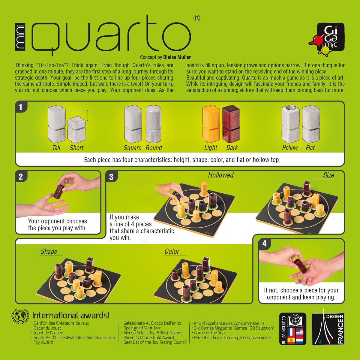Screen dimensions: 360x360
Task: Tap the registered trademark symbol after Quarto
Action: point(197,18)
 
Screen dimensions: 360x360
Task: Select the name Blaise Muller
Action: point(177,57)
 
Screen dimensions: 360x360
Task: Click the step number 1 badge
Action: point(20,107)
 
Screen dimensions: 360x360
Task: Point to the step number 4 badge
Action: point(264,244)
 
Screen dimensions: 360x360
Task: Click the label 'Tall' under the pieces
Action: point(56,148)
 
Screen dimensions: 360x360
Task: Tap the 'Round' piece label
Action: point(154,148)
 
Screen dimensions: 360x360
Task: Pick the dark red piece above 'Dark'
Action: point(231,123)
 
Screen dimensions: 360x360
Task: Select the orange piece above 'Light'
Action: point(211,123)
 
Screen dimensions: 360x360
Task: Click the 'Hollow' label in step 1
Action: point(290,148)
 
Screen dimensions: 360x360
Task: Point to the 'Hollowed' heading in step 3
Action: point(221,175)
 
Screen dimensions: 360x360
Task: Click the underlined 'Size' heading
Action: point(328,175)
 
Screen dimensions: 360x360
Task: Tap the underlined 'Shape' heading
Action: point(49,252)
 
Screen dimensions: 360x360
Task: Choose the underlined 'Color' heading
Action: point(172,252)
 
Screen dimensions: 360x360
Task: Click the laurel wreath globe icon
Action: point(20,316)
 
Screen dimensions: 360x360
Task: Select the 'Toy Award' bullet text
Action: point(43,342)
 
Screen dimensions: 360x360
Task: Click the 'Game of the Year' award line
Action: point(210,333)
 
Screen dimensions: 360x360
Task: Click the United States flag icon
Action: point(300,332)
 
